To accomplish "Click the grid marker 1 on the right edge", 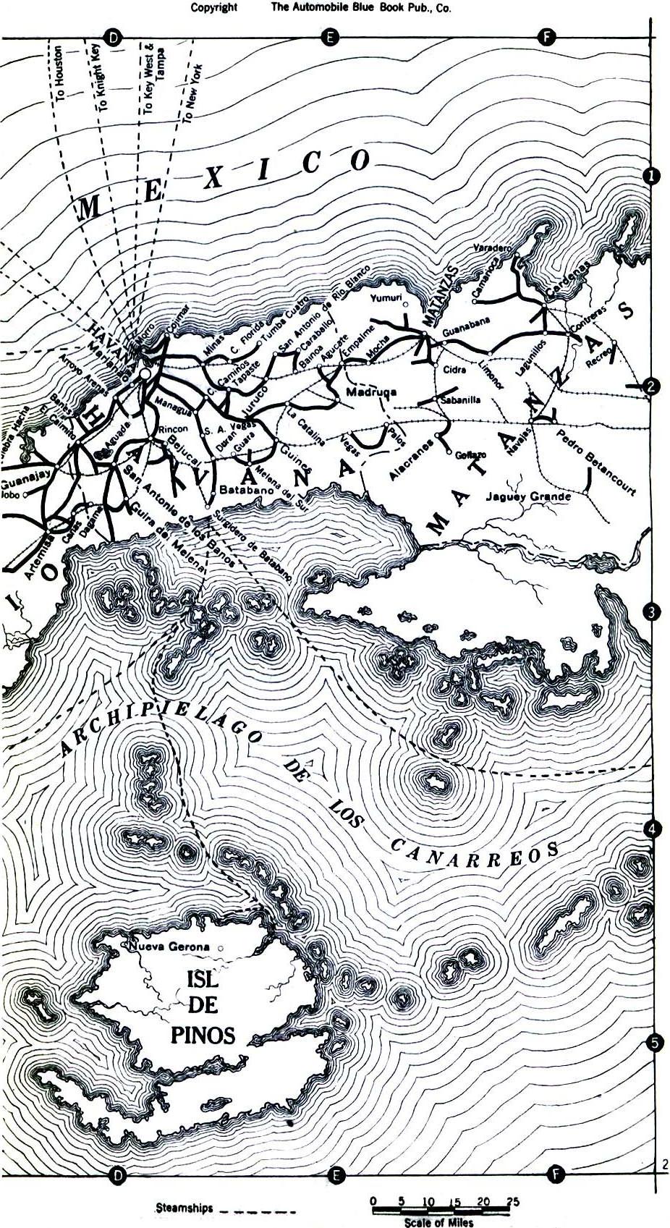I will (x=651, y=176).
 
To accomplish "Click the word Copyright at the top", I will (x=213, y=8).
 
